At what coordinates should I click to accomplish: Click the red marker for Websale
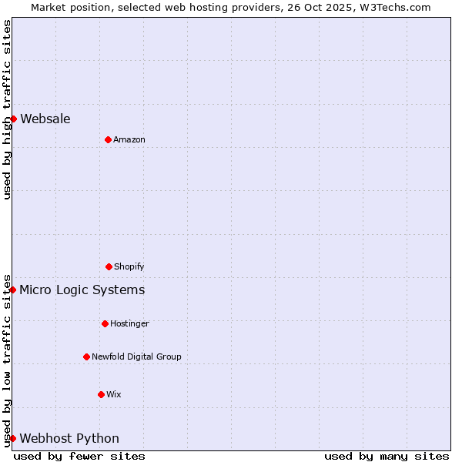(x=13, y=119)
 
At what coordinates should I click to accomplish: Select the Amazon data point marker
(x=108, y=139)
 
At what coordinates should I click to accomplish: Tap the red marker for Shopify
(x=109, y=266)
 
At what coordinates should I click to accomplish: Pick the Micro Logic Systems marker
(x=13, y=290)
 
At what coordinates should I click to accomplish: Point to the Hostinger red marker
(x=105, y=323)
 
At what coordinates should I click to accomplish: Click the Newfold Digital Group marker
(x=86, y=357)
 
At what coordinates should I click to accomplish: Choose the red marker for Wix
(x=101, y=394)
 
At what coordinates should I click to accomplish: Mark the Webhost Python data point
(x=13, y=438)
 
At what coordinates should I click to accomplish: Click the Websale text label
(x=45, y=119)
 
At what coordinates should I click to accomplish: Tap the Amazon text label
(x=129, y=139)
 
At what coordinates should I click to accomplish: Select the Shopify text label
(x=129, y=266)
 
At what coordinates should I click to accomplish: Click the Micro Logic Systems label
(x=82, y=290)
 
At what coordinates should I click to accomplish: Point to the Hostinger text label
(x=129, y=323)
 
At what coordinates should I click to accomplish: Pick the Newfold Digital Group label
(x=136, y=357)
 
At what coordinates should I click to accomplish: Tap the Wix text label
(x=114, y=394)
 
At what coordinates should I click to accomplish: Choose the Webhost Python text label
(x=69, y=438)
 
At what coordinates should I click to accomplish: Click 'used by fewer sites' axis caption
(x=79, y=456)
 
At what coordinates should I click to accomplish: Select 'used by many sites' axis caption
(x=387, y=456)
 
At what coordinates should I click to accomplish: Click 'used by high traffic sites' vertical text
(x=7, y=109)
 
